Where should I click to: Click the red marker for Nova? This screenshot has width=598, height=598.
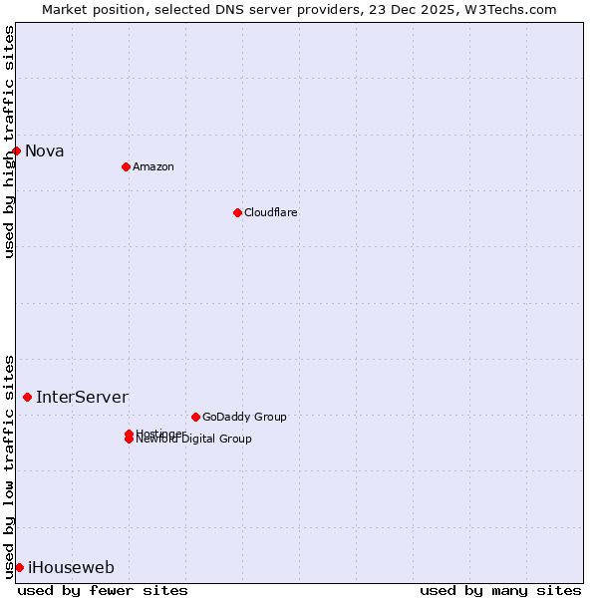click(17, 150)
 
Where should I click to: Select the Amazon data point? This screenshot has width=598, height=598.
click(126, 166)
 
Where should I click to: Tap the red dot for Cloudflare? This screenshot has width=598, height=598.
click(237, 212)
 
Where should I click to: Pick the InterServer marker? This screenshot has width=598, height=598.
click(28, 397)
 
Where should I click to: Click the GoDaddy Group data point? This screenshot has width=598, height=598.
click(195, 417)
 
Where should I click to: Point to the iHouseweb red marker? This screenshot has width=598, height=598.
click(19, 567)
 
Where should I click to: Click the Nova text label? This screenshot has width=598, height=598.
click(45, 150)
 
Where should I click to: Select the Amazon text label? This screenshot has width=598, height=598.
click(153, 166)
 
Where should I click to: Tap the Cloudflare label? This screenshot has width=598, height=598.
click(271, 212)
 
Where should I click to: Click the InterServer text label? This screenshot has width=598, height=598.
click(83, 397)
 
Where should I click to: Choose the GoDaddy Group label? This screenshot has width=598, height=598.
click(244, 417)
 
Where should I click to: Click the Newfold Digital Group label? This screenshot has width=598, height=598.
click(194, 440)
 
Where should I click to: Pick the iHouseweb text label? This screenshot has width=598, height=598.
click(71, 567)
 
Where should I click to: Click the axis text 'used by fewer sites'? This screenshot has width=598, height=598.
click(103, 590)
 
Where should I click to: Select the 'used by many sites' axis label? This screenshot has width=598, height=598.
click(500, 590)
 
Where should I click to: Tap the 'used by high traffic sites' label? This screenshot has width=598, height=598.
click(9, 142)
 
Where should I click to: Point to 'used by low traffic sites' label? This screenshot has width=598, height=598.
click(9, 465)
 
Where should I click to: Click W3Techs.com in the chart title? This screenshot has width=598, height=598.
click(507, 9)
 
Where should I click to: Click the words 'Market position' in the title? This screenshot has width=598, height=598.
click(88, 9)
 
